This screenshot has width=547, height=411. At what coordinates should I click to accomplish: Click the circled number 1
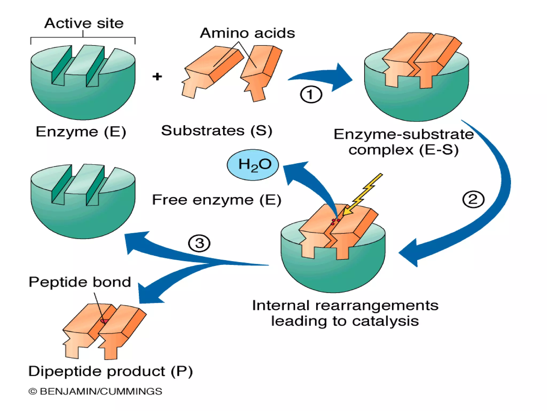pyautogui.click(x=311, y=94)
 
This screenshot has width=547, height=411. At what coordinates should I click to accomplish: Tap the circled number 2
pyautogui.click(x=473, y=199)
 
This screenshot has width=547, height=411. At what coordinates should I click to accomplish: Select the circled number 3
pyautogui.click(x=199, y=243)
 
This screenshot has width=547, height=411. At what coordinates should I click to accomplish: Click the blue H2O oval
pyautogui.click(x=253, y=165)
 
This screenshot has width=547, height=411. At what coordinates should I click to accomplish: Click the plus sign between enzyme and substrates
pyautogui.click(x=157, y=77)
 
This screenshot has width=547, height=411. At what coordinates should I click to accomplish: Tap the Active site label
pyautogui.click(x=84, y=23)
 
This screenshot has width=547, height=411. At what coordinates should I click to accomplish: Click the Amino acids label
pyautogui.click(x=247, y=33)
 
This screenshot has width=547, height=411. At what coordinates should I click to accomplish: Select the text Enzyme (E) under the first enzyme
pyautogui.click(x=81, y=132)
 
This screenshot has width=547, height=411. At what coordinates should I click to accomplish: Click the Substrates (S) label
pyautogui.click(x=217, y=131)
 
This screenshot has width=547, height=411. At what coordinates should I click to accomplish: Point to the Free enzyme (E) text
pyautogui.click(x=217, y=200)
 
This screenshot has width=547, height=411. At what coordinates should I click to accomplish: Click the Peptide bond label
pyautogui.click(x=80, y=282)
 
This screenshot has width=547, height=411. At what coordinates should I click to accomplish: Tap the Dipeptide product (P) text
pyautogui.click(x=111, y=371)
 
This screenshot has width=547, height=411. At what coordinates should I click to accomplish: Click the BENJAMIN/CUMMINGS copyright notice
pyautogui.click(x=95, y=391)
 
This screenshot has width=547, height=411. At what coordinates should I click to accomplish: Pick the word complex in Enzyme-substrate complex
pyautogui.click(x=381, y=150)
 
